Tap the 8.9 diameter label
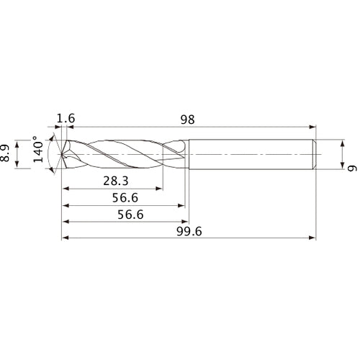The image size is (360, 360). point(7,154)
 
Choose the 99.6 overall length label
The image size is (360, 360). point(189,231)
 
